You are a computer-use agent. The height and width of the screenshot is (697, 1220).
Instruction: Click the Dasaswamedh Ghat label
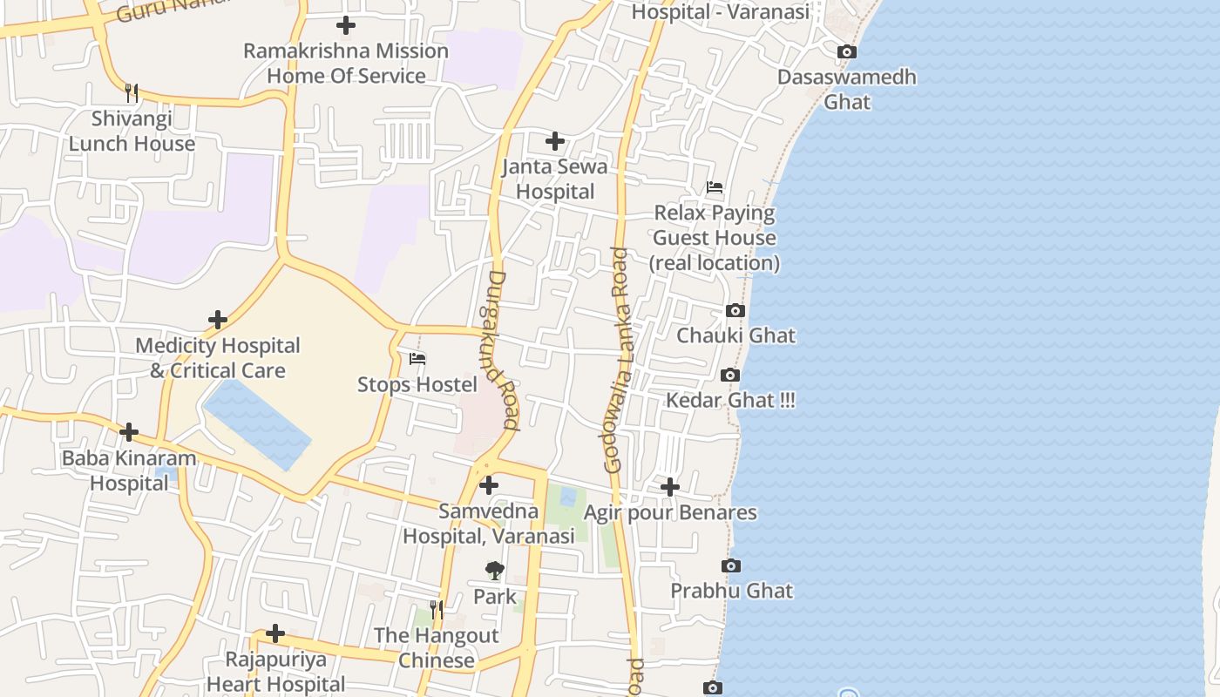846,89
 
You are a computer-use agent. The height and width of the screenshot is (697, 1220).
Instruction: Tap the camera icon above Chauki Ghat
735,311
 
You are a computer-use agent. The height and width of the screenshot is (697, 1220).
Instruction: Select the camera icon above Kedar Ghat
730,376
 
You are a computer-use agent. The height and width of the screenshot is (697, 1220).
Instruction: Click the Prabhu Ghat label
731,591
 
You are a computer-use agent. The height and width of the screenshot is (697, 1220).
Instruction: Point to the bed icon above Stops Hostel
417,358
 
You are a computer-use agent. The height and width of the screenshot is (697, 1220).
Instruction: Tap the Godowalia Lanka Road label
616,360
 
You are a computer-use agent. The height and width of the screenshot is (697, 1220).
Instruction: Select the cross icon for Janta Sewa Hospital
555,141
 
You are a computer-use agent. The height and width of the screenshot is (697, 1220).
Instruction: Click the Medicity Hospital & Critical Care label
217,358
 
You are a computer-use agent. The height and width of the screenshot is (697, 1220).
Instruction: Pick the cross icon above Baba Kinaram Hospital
129,431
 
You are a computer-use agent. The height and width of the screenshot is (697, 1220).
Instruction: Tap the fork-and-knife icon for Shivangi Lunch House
132,92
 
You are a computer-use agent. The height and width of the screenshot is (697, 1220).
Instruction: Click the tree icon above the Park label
494,571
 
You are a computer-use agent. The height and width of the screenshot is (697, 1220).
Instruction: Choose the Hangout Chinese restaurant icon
437,609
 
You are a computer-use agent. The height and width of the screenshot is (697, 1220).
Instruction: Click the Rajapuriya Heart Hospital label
275,672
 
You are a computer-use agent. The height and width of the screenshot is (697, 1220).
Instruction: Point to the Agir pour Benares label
669,512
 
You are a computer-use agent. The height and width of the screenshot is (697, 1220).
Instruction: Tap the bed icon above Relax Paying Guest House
715,187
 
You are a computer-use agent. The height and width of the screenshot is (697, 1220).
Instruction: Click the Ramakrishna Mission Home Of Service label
345,63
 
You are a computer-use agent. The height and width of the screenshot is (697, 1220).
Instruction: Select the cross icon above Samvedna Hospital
489,485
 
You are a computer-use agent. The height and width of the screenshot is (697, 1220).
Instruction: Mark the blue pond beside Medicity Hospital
257,424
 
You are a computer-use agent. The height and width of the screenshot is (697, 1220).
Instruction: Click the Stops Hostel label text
417,384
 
